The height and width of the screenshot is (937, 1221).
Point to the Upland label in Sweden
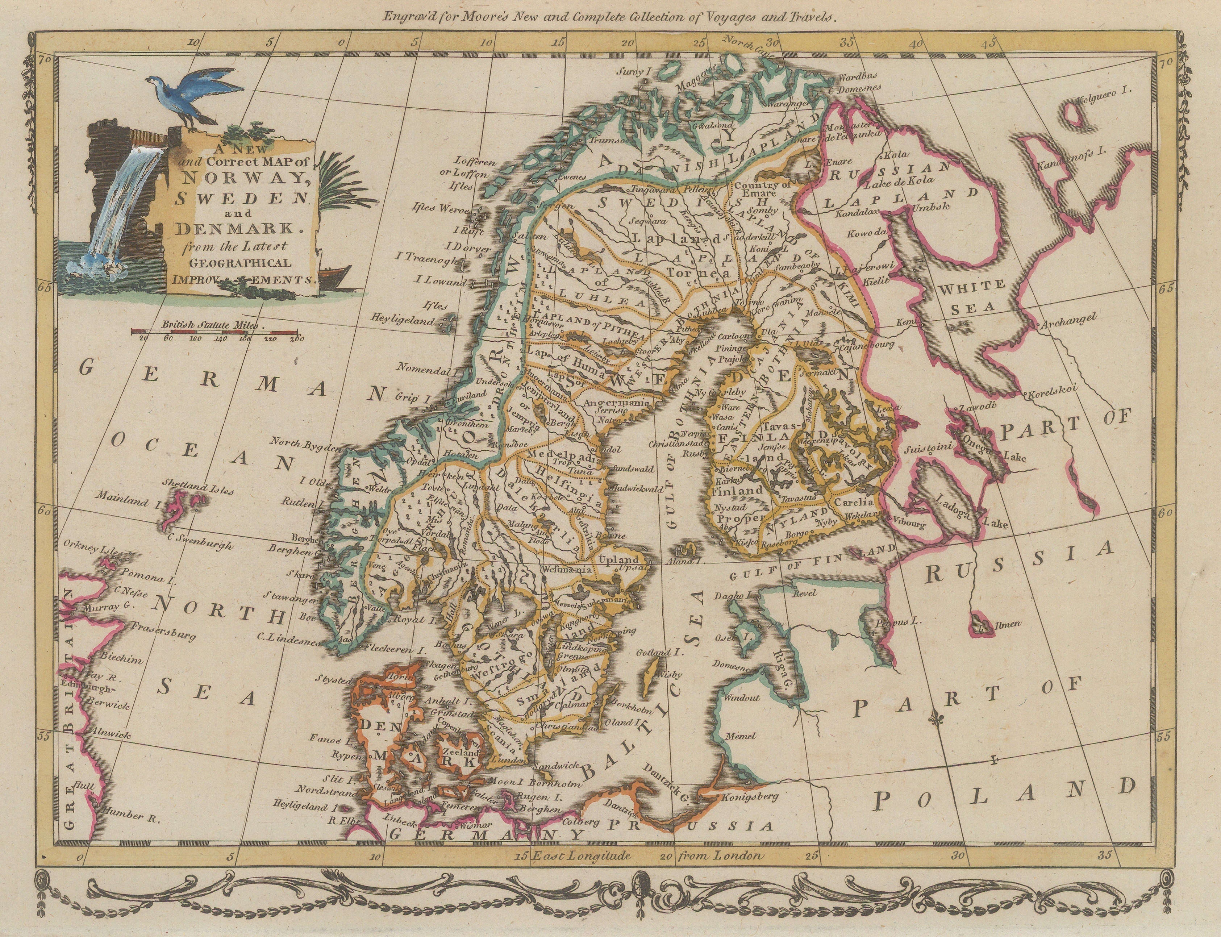coord(618,559)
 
